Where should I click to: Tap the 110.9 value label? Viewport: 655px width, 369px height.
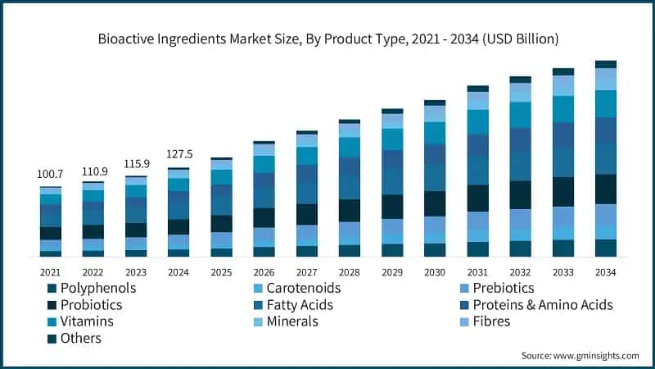[93, 171]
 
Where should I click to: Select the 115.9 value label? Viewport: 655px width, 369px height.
[136, 165]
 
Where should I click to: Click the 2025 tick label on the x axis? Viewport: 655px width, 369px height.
[221, 271]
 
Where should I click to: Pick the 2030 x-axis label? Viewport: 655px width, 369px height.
[435, 271]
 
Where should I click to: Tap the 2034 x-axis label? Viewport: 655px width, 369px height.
[606, 271]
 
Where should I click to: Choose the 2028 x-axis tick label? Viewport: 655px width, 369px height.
[350, 271]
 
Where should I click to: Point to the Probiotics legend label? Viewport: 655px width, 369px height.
[89, 305]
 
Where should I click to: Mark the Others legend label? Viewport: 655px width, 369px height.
[79, 338]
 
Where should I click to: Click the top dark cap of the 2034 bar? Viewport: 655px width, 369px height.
[606, 64]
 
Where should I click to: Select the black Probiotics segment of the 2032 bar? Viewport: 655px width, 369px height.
[521, 194]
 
